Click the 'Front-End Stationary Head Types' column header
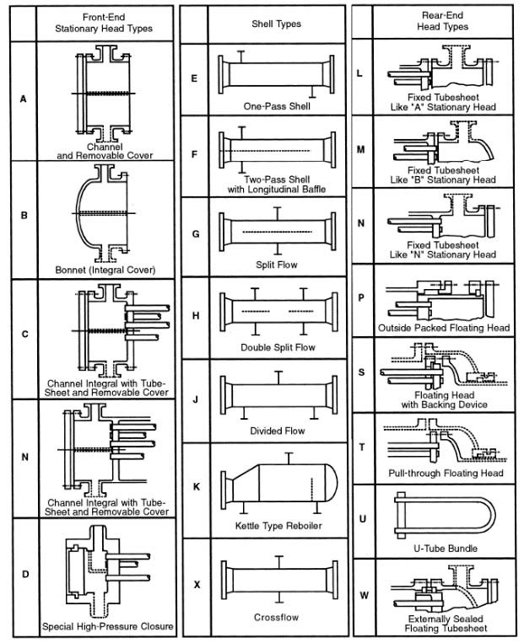pyautogui.click(x=104, y=23)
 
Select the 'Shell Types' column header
pyautogui.click(x=277, y=24)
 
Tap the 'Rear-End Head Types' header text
pyautogui.click(x=443, y=21)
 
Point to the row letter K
pyautogui.click(x=197, y=487)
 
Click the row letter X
pyautogui.click(x=197, y=585)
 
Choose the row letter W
pyautogui.click(x=364, y=595)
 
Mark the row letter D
pyautogui.click(x=25, y=574)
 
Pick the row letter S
pyautogui.click(x=361, y=372)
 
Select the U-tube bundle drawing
pyautogui.click(x=445, y=516)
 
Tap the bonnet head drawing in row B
pyautogui.click(x=104, y=213)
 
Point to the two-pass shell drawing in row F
pyautogui.click(x=278, y=150)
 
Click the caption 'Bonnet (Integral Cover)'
pyautogui.click(x=105, y=270)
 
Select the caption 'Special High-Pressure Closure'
pyautogui.click(x=108, y=626)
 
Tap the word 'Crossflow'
pyautogui.click(x=277, y=617)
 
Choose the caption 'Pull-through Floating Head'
pyautogui.click(x=446, y=474)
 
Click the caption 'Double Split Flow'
pyautogui.click(x=278, y=347)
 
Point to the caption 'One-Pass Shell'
pyautogui.click(x=277, y=106)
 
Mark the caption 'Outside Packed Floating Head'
pyautogui.click(x=444, y=328)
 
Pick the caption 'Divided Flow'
pyautogui.click(x=278, y=431)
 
